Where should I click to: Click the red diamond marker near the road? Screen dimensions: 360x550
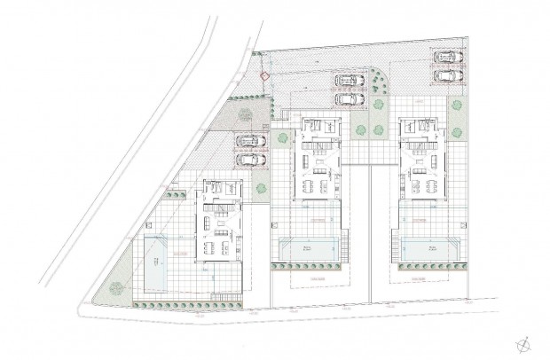pyautogui.click(x=263, y=77)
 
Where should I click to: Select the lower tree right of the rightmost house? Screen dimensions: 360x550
pyautogui.click(x=458, y=132)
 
